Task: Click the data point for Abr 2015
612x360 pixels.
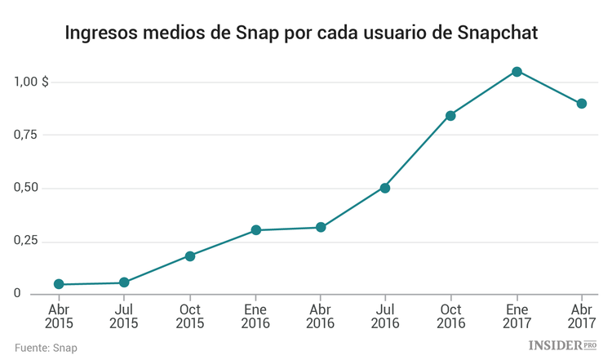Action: coord(59,284)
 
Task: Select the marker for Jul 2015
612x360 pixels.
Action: coord(124,282)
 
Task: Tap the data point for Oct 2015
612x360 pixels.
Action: coord(189,256)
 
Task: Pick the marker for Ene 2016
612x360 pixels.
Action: coord(255,230)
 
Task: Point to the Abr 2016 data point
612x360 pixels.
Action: coord(321,227)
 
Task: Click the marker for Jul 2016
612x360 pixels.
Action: coord(385,188)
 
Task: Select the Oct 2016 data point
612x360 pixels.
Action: coord(450,115)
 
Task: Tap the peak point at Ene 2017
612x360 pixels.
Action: coord(517,72)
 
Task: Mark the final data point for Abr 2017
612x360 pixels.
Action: coord(582,104)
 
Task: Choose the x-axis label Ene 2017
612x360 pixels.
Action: coord(517,316)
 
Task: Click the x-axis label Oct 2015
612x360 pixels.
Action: coord(189,316)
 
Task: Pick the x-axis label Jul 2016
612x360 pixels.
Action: coord(385,316)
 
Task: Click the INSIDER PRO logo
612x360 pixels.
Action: coord(563,346)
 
